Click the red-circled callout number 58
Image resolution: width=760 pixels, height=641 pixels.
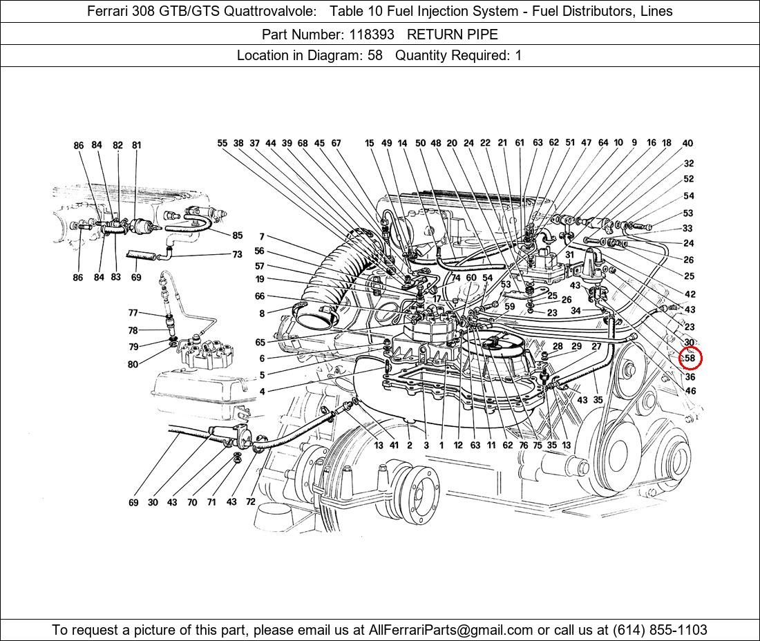tap(690, 358)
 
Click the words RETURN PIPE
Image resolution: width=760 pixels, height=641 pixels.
tap(453, 35)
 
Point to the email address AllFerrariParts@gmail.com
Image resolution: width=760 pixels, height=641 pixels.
tap(450, 630)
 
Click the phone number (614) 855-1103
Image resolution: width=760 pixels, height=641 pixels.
tap(660, 630)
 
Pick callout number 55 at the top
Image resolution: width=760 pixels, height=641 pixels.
tap(222, 143)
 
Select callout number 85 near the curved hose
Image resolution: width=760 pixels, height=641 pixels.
tap(237, 236)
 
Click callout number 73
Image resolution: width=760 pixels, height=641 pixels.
tap(237, 254)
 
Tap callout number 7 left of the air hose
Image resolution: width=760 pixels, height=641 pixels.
tap(262, 237)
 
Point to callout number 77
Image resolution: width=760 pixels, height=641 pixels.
tap(133, 313)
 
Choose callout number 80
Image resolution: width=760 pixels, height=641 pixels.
tap(133, 364)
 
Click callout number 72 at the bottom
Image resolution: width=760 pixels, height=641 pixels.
tap(250, 502)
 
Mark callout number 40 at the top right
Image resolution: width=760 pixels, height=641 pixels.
tap(687, 143)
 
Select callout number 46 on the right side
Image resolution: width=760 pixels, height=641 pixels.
tap(690, 391)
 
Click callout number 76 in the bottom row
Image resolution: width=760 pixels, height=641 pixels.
tap(523, 446)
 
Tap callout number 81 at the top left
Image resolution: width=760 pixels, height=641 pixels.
tap(136, 145)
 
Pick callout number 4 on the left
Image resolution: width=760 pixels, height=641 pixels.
tap(263, 391)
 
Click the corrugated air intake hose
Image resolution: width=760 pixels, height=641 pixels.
tap(334, 281)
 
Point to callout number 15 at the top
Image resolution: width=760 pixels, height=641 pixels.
tap(370, 143)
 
